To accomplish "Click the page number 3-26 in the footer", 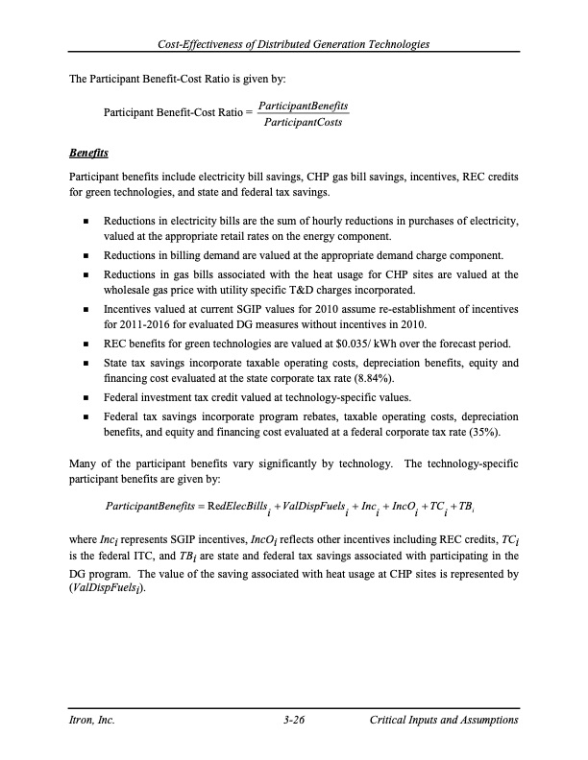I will click(x=293, y=718).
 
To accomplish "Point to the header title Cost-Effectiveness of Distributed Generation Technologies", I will click(x=293, y=44).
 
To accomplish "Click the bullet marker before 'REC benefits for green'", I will click(x=87, y=344).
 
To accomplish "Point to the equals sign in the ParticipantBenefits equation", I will click(x=199, y=506).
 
